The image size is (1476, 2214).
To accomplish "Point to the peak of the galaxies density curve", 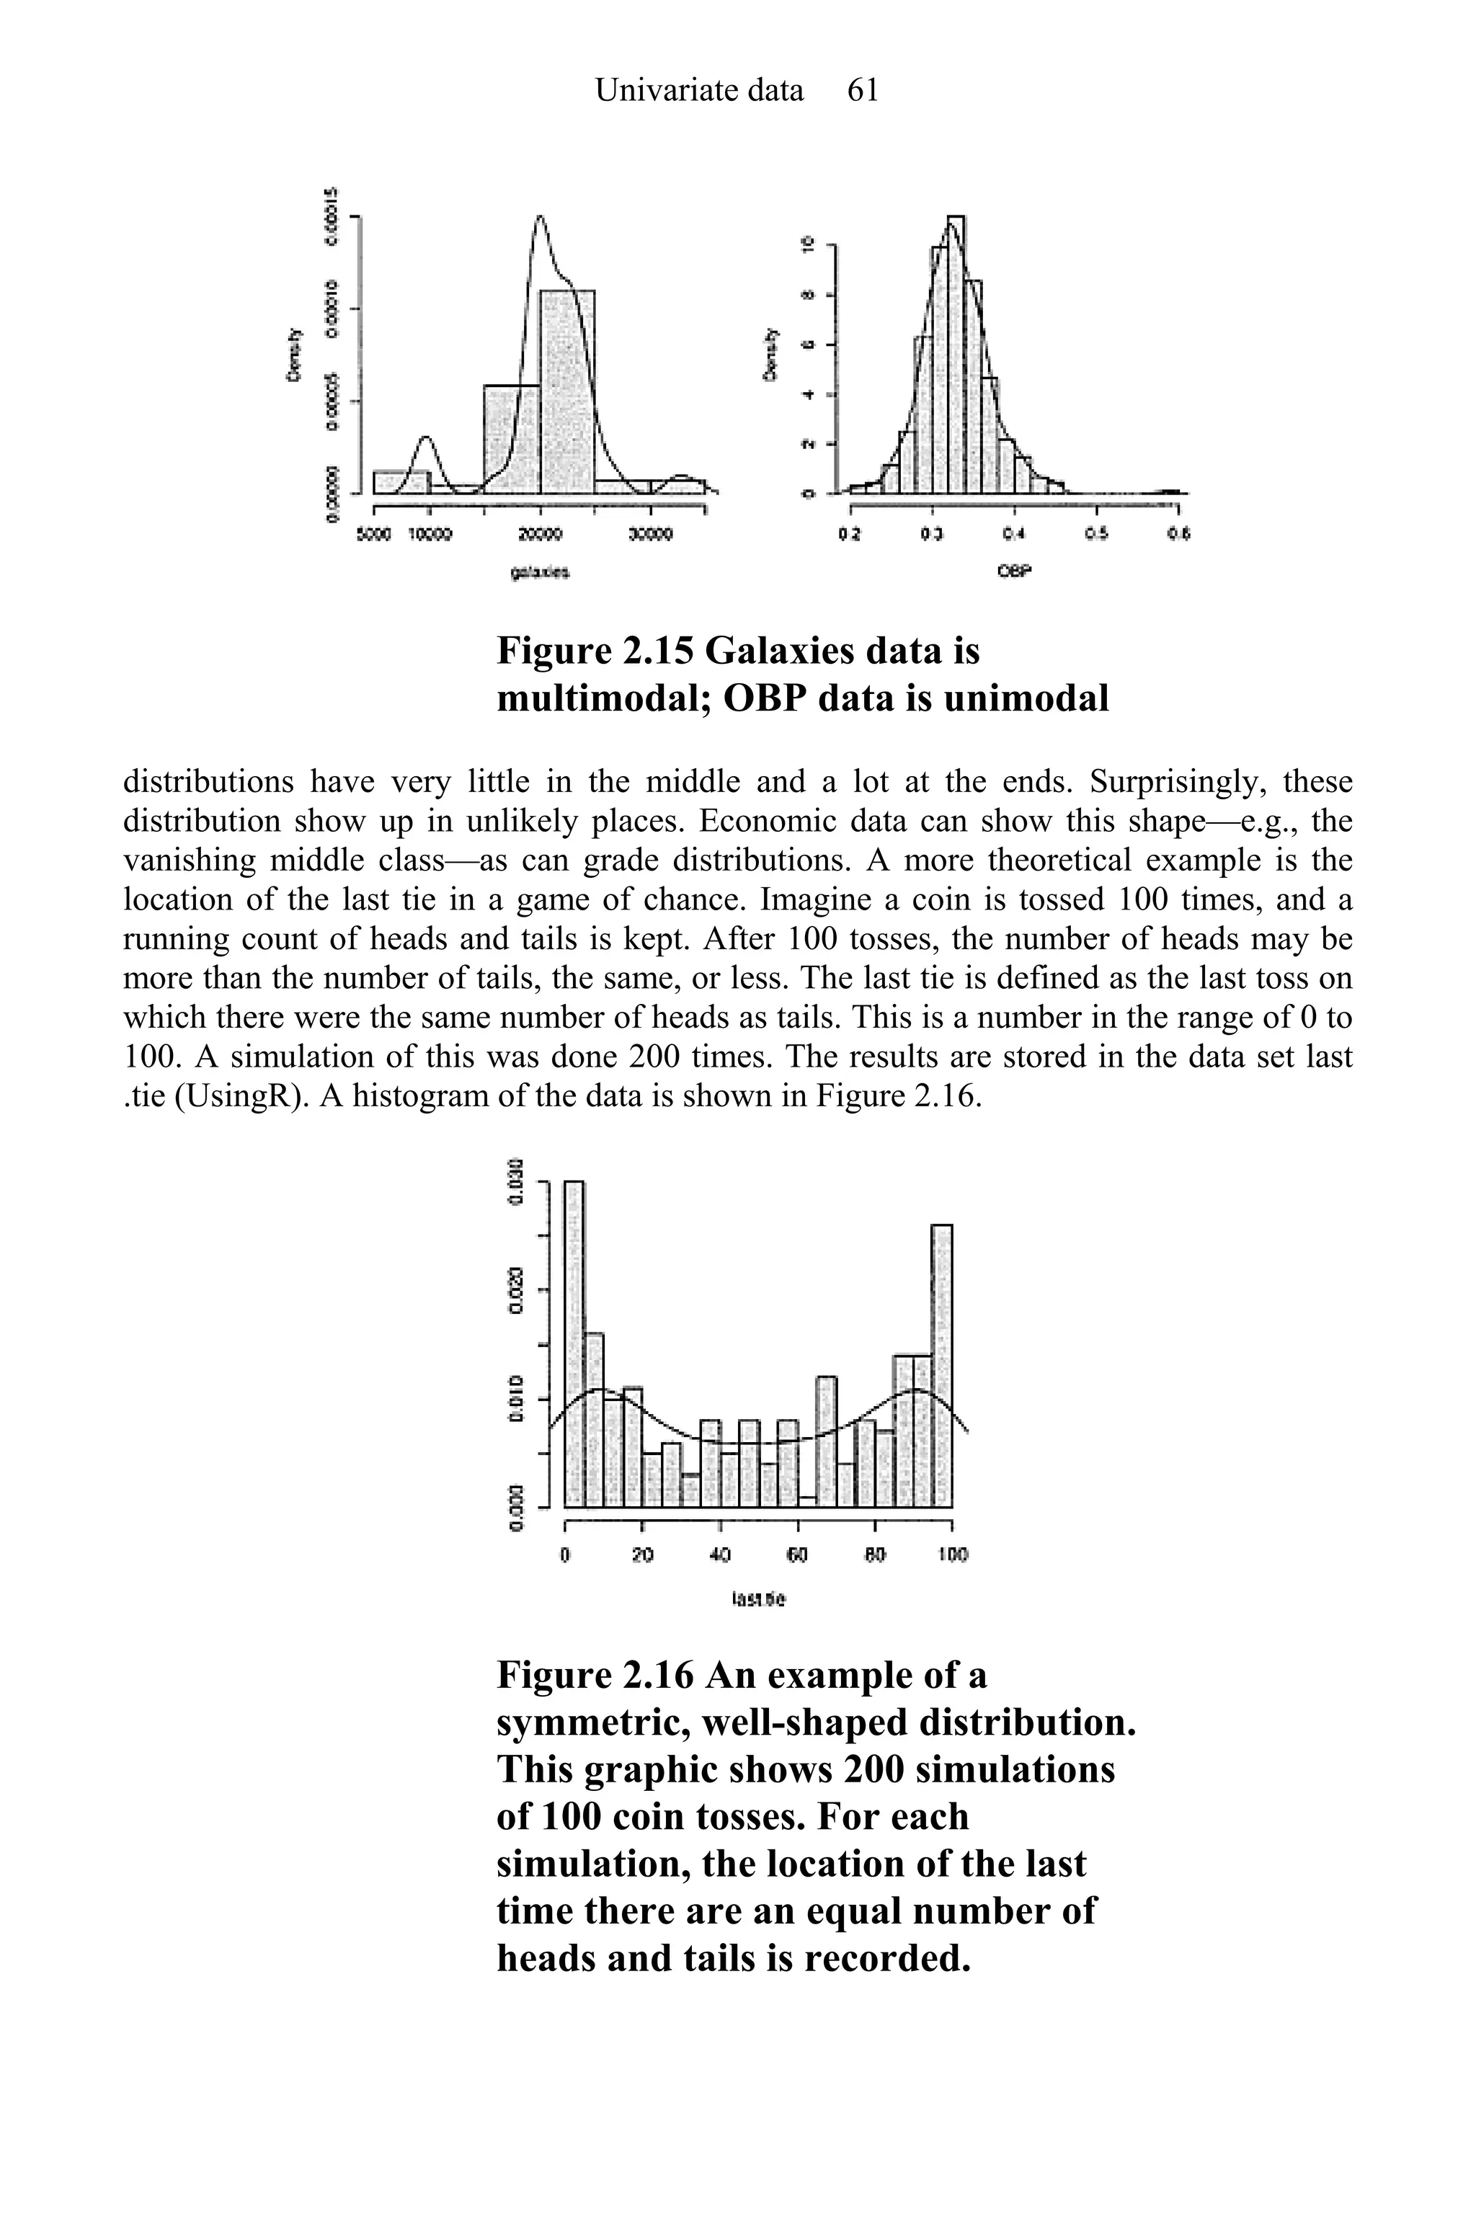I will tap(539, 218).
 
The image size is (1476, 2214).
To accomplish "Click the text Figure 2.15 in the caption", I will tap(594, 651).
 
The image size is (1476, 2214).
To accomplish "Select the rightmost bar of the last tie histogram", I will tap(942, 1365).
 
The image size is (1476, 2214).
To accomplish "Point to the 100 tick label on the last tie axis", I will tap(953, 1556).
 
